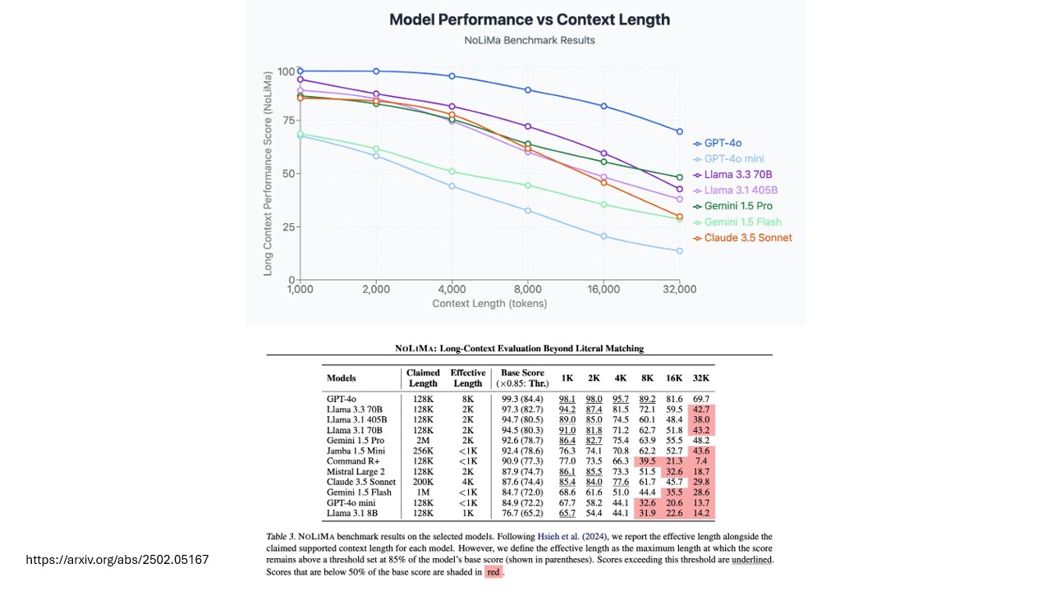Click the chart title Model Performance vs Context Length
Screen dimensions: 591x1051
click(x=529, y=20)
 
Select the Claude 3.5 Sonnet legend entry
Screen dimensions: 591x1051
click(x=747, y=238)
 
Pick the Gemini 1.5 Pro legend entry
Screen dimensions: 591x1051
click(x=737, y=206)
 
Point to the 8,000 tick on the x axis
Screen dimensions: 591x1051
click(x=528, y=289)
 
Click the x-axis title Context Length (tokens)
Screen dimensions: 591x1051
click(x=489, y=304)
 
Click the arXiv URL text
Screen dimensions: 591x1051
click(x=117, y=560)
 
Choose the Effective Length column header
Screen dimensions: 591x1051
click(x=467, y=378)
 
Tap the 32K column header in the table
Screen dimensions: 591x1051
click(x=700, y=378)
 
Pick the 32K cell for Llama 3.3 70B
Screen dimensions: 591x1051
click(x=700, y=409)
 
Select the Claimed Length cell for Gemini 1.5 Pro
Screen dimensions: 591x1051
click(x=423, y=441)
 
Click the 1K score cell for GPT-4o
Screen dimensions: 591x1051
click(x=567, y=398)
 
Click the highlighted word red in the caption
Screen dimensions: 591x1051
click(x=493, y=572)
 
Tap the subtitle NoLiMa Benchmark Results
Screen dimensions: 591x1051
click(x=529, y=40)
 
